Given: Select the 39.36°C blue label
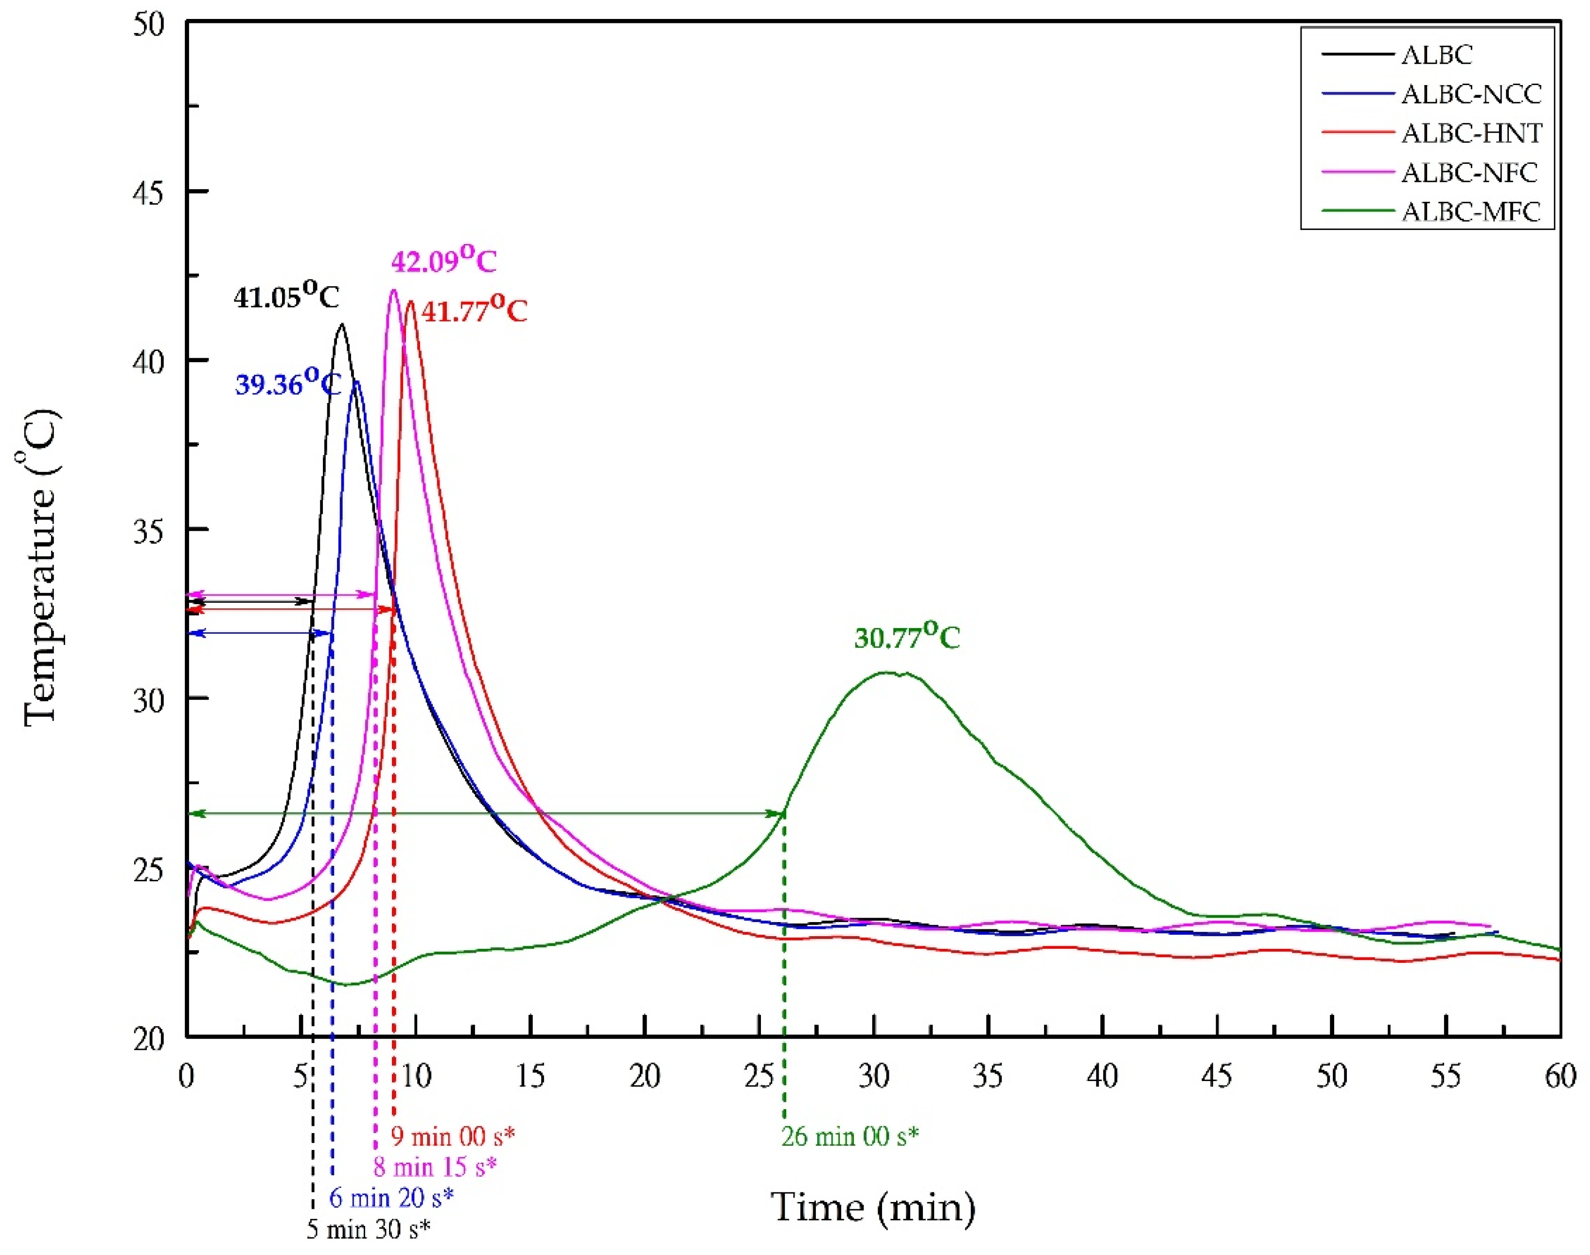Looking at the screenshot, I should coord(288,383).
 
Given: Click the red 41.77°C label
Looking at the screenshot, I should coord(474,311).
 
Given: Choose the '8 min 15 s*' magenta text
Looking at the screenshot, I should coord(434,1166).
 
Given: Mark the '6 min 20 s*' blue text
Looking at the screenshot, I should coord(391,1198).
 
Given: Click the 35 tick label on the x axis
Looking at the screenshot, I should coord(988,1077).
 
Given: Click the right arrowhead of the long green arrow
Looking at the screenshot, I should coord(781,813).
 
